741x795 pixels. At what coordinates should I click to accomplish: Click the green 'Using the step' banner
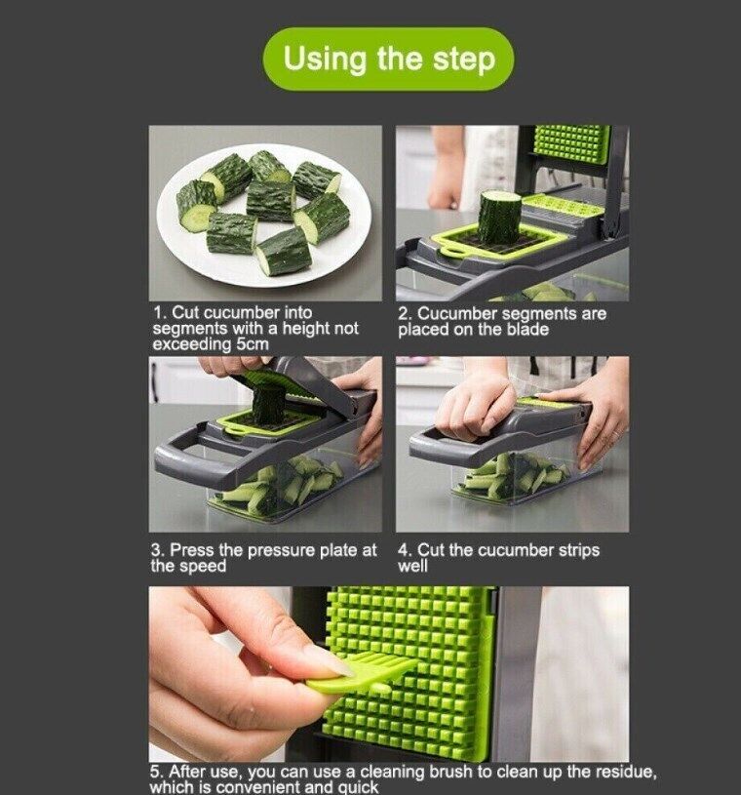coord(389,59)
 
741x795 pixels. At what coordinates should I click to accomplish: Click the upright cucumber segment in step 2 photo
coord(499,217)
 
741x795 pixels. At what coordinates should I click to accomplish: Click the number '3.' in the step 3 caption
coord(158,550)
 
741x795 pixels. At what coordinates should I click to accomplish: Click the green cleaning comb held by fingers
coord(361,673)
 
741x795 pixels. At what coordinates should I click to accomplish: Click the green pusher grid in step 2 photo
coord(570,144)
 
